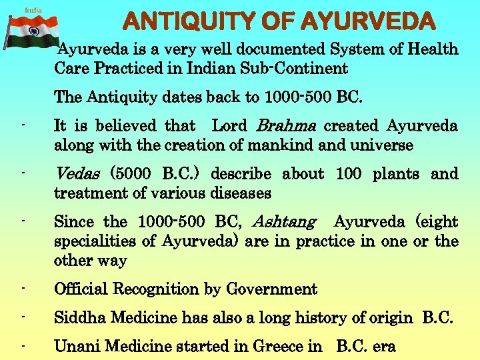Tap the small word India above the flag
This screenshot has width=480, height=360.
coord(33,10)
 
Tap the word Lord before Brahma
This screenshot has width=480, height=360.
coord(229,126)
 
